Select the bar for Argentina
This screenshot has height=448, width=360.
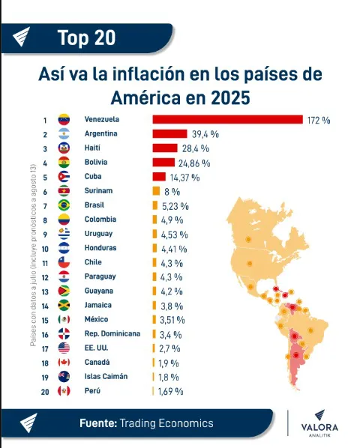[x=169, y=134]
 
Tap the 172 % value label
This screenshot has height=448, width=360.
[x=319, y=120]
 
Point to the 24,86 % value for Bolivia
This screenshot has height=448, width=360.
[x=193, y=163]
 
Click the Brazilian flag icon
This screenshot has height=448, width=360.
[x=64, y=205]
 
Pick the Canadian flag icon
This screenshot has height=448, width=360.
[x=64, y=362]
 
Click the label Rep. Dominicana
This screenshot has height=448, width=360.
[x=112, y=333]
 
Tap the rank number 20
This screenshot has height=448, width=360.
[x=45, y=390]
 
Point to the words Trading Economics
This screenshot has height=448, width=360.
[x=166, y=423]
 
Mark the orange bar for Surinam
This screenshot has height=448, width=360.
[x=155, y=191]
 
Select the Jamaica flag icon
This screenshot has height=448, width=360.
[x=64, y=305]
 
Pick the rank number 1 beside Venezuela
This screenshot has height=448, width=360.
[x=45, y=120]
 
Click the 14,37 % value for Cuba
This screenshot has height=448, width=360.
[x=185, y=177]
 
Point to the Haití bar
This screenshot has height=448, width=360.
[x=165, y=148]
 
